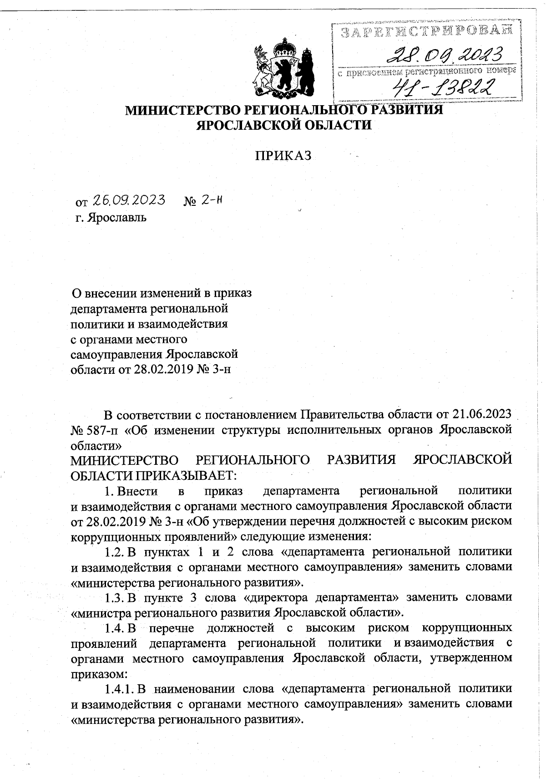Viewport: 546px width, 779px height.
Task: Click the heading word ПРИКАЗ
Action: point(283,156)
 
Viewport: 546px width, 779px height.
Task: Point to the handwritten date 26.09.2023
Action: point(129,200)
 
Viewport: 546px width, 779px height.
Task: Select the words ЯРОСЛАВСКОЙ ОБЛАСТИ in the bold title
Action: point(283,125)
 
